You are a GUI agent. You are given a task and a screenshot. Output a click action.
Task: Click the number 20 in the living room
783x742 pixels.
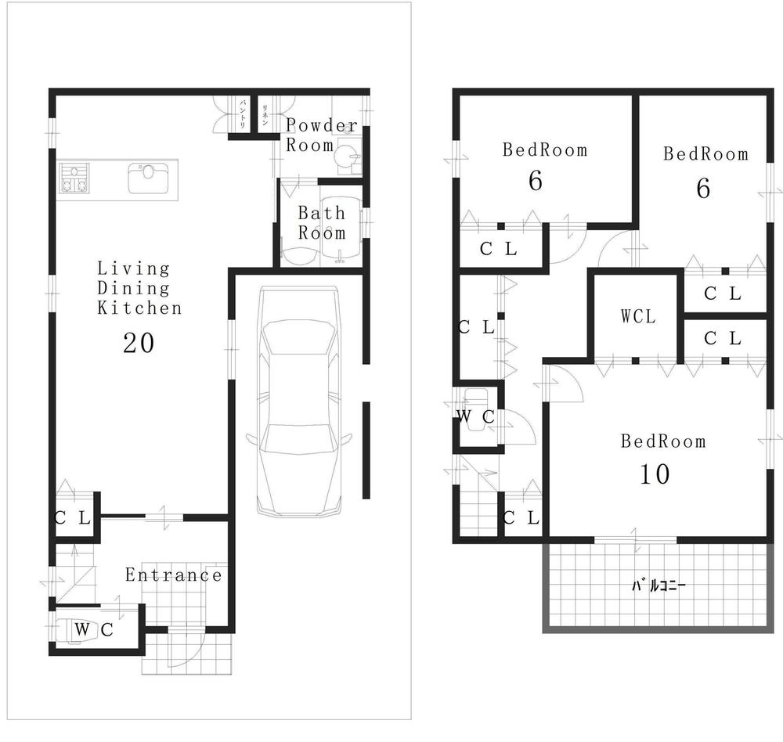[x=138, y=343]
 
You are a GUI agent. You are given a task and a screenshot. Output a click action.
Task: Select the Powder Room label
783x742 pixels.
[x=321, y=135]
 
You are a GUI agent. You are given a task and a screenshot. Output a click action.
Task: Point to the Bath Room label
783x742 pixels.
[x=321, y=223]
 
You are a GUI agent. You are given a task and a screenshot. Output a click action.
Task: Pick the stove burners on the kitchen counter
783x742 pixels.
[x=73, y=178]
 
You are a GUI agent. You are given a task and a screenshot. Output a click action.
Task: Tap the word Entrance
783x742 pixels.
[x=174, y=576]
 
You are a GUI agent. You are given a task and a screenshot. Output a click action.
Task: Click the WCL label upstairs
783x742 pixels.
[x=637, y=317]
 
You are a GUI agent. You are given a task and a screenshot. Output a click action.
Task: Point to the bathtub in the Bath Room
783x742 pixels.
[x=341, y=231]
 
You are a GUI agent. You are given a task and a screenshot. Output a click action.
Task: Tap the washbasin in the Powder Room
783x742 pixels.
[x=345, y=157]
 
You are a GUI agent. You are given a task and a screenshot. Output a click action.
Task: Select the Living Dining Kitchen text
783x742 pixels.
[x=139, y=289]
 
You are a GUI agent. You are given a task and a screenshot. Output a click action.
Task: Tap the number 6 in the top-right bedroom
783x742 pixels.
[x=703, y=189]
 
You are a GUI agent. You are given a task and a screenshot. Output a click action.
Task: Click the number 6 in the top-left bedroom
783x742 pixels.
[x=536, y=182]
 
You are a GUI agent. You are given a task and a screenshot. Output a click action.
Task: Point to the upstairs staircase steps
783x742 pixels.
[x=478, y=513]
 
